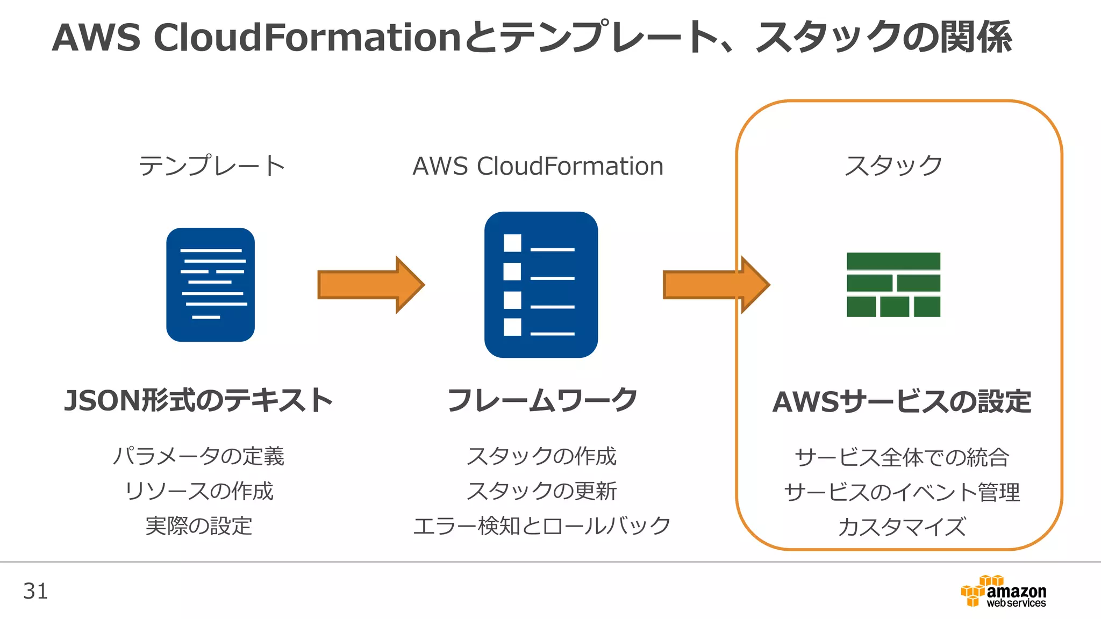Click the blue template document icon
coord(210,285)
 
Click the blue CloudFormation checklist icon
coord(541,285)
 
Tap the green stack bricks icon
coord(893,285)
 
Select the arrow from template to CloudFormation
coord(371,285)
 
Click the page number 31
coord(35,591)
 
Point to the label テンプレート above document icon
coord(212,165)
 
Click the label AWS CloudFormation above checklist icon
coord(538,166)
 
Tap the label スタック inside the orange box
coord(893,165)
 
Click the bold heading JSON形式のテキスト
coord(198,401)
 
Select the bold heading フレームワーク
coord(542,401)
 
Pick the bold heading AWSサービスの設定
coord(902,402)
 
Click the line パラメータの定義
coord(198,456)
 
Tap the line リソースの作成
coord(198,491)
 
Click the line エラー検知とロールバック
coord(542,526)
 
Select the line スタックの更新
coord(542,491)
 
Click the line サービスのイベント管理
coord(902,492)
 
